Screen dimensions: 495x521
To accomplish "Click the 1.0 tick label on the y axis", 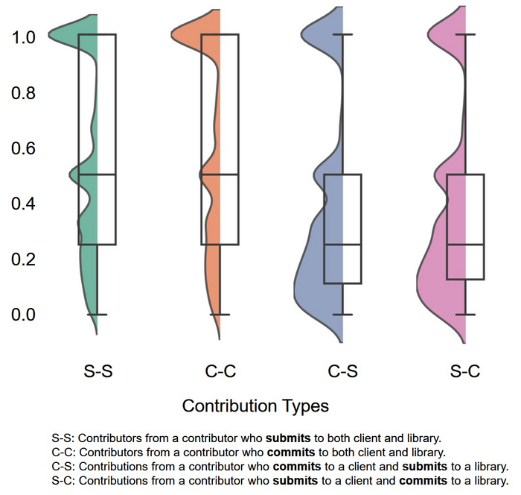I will point(23,37).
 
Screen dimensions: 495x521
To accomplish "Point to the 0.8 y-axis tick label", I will point(23,93).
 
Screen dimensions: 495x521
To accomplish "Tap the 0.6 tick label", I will point(23,148).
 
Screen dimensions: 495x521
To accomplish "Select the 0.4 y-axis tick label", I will point(23,204).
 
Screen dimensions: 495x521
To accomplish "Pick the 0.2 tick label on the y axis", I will point(23,259).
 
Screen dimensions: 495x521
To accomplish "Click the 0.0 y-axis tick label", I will point(23,315).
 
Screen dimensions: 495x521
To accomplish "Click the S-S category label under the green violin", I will point(98,371).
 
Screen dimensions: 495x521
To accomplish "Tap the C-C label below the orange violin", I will point(220,371).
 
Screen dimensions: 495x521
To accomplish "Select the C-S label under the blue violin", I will point(342,371).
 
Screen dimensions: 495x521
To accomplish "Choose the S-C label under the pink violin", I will point(464,371).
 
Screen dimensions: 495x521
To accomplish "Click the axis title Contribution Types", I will point(255,406).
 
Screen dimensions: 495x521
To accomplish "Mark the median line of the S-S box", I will point(98,174).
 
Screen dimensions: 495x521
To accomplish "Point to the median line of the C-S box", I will point(342,244).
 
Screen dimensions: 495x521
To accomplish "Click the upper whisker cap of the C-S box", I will point(342,34).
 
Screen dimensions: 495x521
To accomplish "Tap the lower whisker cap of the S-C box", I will point(464,315).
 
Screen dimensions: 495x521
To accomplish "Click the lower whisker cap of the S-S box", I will point(98,315).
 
